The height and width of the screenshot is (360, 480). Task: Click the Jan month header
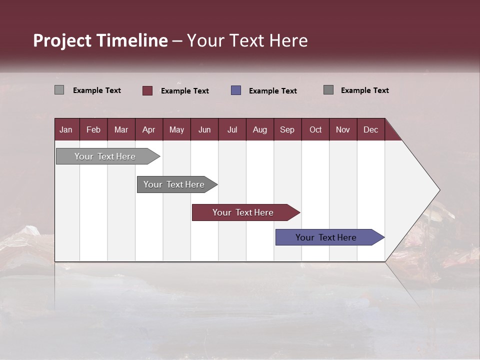(66, 129)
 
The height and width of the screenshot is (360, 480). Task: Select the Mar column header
(121, 129)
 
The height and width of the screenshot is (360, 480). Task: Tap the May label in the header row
(176, 129)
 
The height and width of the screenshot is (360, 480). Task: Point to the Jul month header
(232, 129)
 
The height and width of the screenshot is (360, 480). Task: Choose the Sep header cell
(287, 129)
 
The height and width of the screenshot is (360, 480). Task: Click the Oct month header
(315, 129)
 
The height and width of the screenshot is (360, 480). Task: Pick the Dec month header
(370, 129)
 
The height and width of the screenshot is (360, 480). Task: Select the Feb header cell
(93, 129)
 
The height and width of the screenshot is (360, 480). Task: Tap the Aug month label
(259, 129)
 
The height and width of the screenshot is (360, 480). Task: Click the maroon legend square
(147, 90)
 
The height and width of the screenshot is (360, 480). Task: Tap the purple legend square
(236, 90)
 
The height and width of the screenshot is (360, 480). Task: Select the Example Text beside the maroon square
(184, 91)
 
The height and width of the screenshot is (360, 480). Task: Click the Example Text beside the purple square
(272, 91)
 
